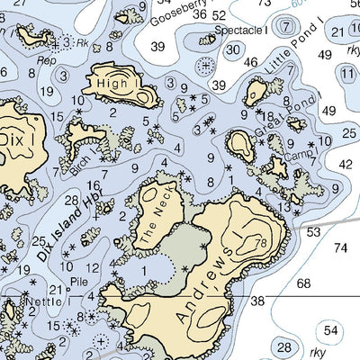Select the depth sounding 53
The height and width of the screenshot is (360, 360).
[313, 231]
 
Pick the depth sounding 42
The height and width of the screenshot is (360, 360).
[345, 164]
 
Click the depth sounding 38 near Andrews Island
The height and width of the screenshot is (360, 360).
[258, 301]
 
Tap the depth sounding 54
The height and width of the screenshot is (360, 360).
[332, 330]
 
